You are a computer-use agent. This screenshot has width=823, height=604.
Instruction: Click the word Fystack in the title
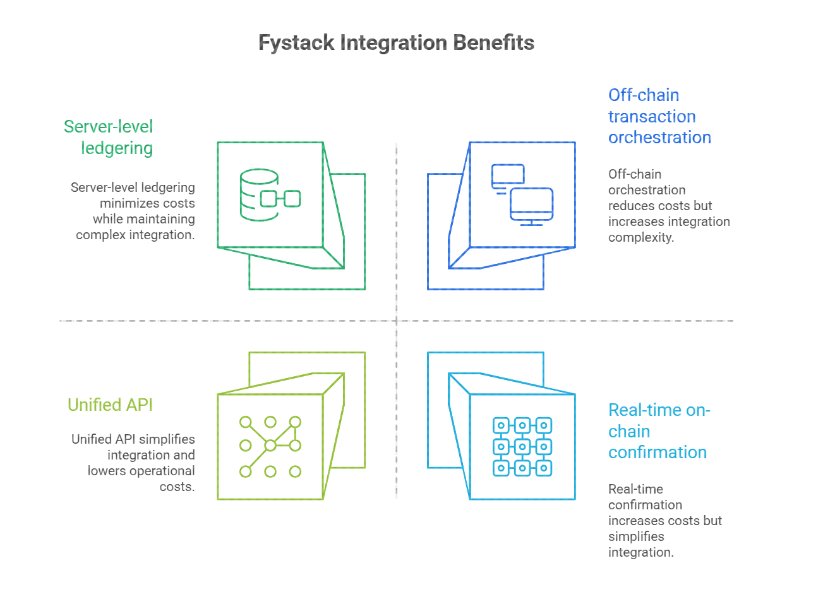(296, 43)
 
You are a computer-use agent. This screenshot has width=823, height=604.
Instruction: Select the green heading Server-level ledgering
(109, 137)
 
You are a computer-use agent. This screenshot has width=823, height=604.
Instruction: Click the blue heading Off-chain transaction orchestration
(659, 116)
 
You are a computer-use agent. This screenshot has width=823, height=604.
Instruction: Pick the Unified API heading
(110, 405)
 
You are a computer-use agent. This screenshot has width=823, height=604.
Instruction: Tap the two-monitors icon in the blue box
(522, 194)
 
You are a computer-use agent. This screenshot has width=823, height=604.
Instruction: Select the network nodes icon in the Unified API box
(270, 446)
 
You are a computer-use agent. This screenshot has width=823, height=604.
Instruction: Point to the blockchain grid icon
(522, 446)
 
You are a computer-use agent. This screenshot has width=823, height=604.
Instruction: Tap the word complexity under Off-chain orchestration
(640, 237)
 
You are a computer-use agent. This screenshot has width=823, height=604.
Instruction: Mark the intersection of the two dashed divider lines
(397, 321)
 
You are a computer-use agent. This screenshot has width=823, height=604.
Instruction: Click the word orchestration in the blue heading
(659, 138)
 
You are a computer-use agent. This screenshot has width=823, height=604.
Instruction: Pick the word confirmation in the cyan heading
(657, 453)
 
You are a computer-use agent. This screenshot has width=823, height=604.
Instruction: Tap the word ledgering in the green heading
(117, 148)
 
